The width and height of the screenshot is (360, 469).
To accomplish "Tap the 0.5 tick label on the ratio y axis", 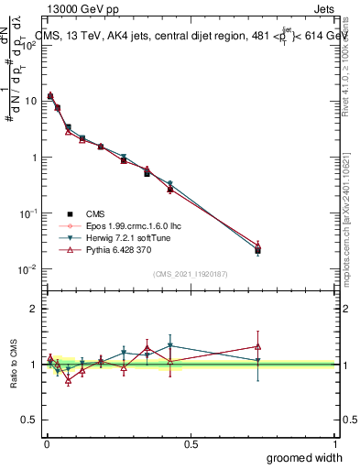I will point(29,420).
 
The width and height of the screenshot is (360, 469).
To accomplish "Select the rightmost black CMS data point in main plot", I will point(258,250).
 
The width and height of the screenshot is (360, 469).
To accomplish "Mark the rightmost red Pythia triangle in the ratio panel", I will point(258,346).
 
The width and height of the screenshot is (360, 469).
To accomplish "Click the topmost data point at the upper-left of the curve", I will point(50,95).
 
